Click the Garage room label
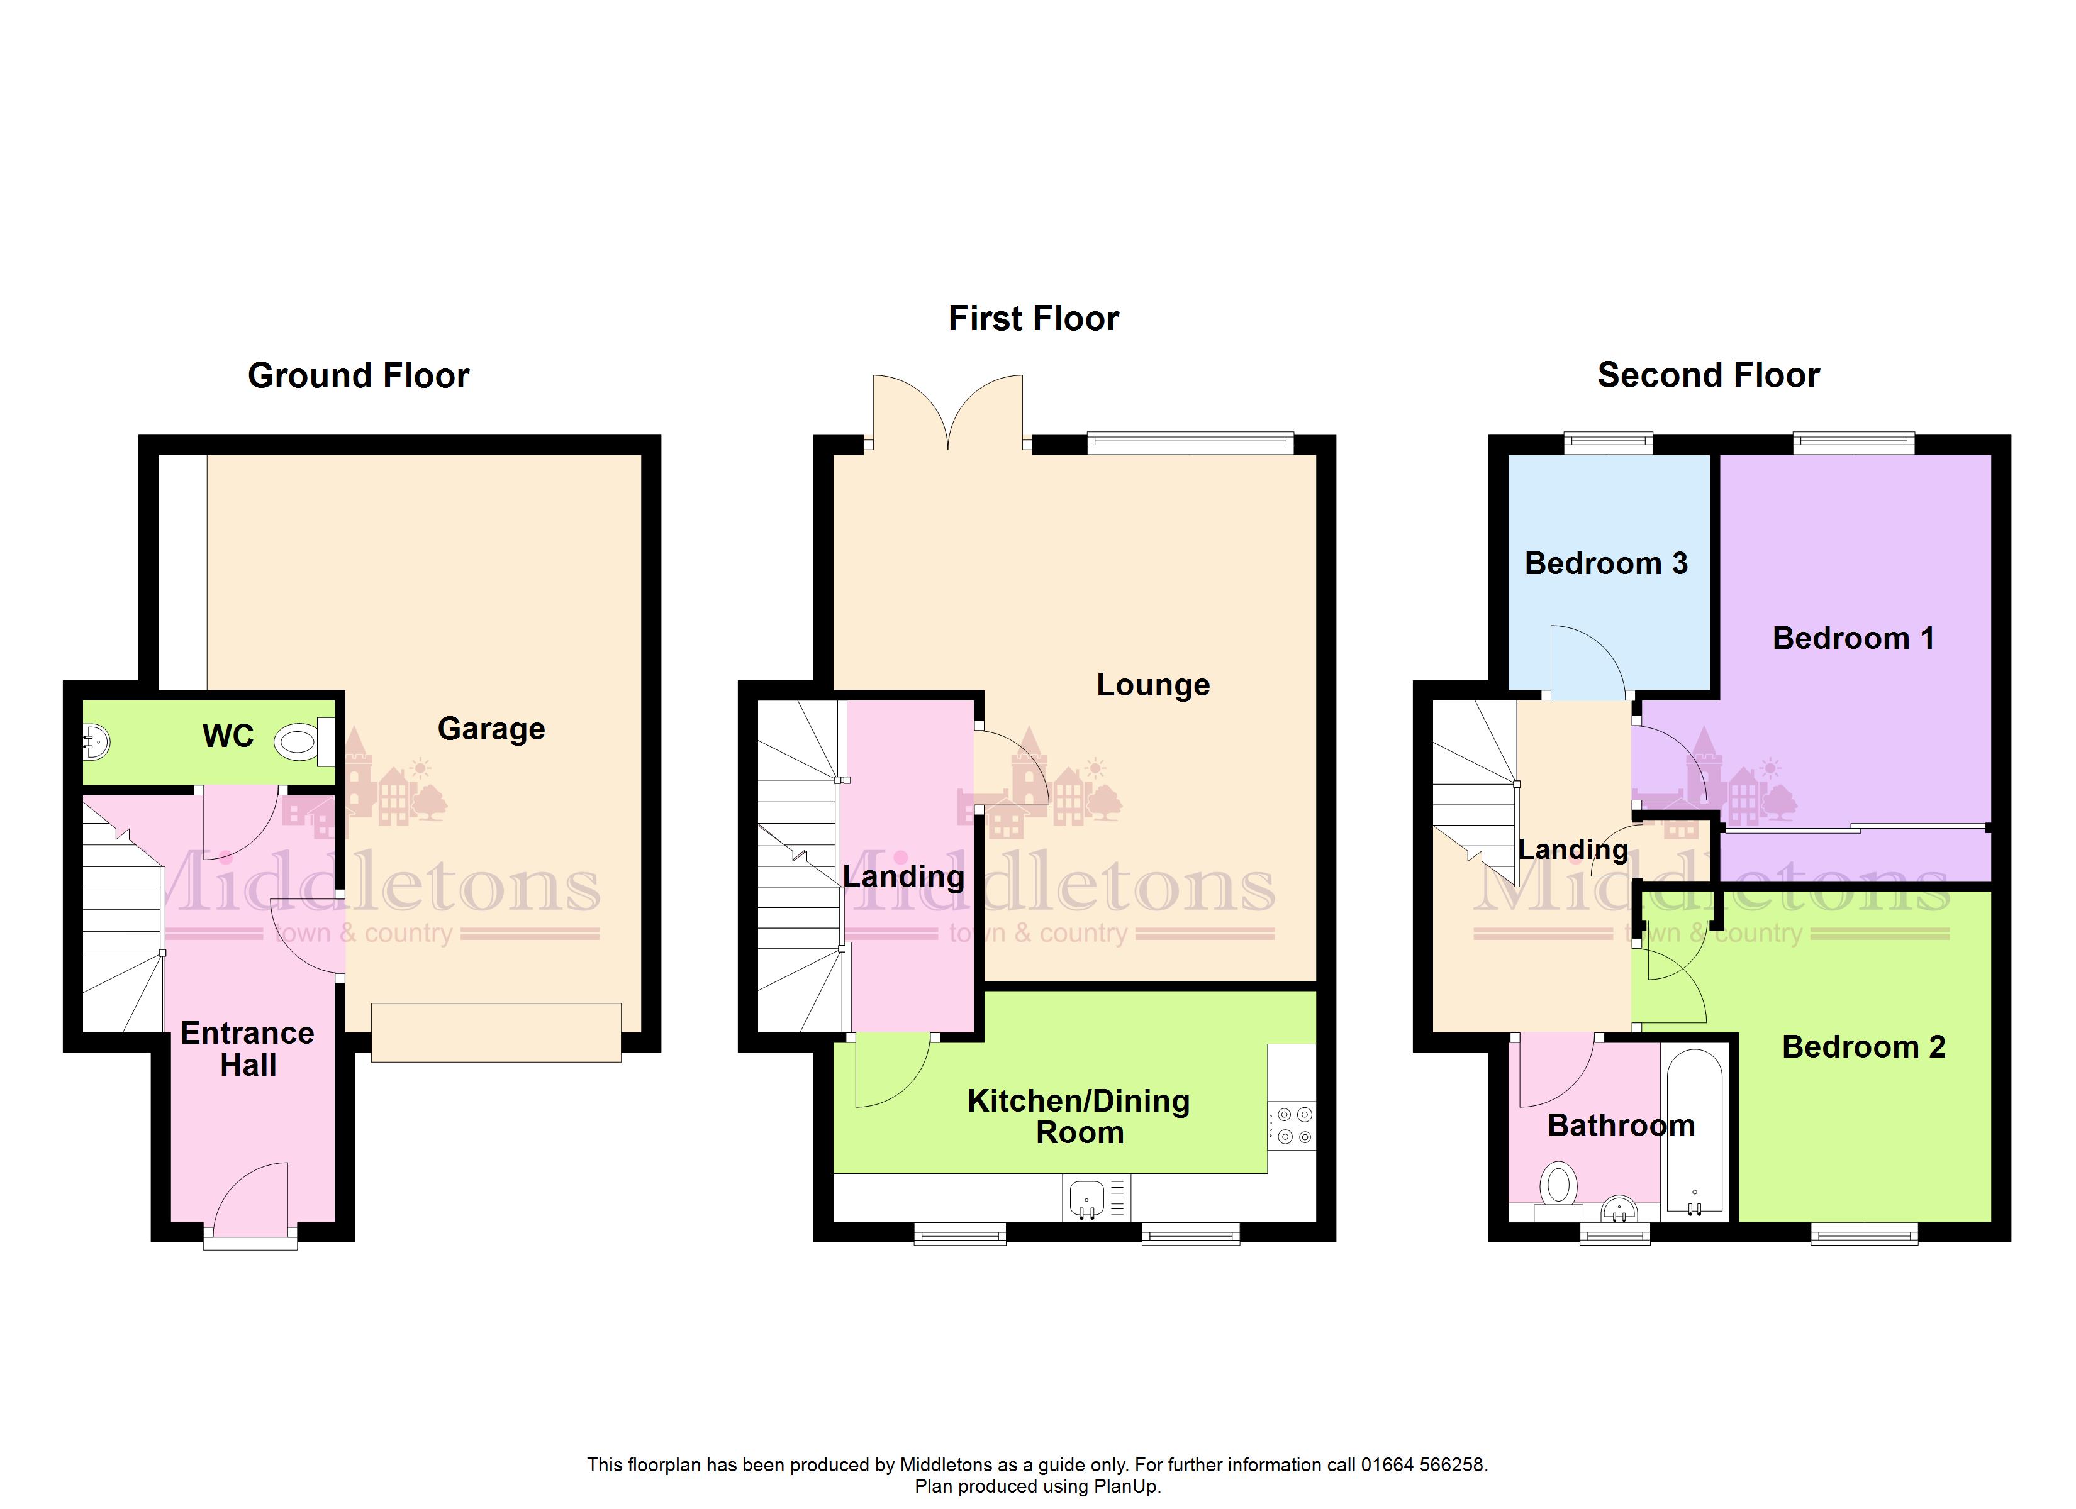[x=491, y=729]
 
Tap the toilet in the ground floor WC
[x=304, y=741]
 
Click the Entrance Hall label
[x=248, y=1049]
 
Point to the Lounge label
[x=1153, y=685]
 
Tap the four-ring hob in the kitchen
[x=1292, y=1125]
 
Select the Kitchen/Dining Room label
[x=1079, y=1117]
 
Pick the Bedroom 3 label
[x=1607, y=563]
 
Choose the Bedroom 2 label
[x=1863, y=1047]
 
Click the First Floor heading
[x=1034, y=318]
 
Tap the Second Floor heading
[x=1709, y=375]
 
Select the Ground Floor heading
[x=359, y=375]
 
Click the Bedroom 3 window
[x=1608, y=443]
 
